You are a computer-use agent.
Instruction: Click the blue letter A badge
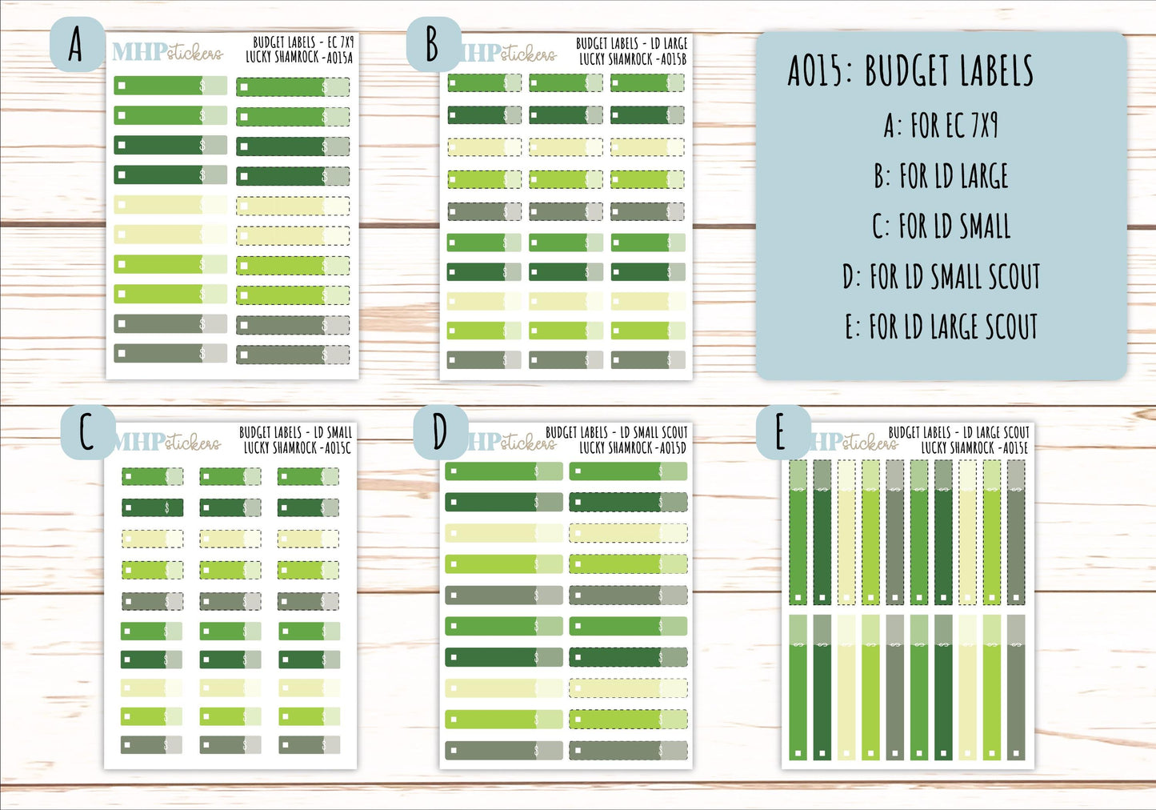pos(77,45)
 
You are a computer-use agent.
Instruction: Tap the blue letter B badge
pos(433,45)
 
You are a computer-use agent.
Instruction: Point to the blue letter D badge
pos(440,433)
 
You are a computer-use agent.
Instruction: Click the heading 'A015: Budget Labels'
pos(910,71)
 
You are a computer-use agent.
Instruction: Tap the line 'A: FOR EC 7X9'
pos(941,126)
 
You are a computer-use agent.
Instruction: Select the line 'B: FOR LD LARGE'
pos(941,176)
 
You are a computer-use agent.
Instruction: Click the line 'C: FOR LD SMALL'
pos(941,227)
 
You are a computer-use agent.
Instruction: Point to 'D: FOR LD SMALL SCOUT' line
pos(941,277)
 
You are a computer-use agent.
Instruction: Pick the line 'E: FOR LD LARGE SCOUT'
pos(941,327)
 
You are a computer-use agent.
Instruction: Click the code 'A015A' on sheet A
pos(338,58)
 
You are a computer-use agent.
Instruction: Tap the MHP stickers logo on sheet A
pos(167,53)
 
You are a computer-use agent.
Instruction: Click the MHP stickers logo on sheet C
pos(167,442)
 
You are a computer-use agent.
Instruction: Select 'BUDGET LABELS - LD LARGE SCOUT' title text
pos(958,432)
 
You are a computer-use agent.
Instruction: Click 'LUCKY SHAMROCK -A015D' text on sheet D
pos(632,448)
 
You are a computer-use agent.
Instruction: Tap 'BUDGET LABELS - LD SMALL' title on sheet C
pos(295,432)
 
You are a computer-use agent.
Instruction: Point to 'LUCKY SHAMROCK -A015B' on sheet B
pos(632,59)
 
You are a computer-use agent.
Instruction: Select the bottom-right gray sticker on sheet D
pos(628,751)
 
